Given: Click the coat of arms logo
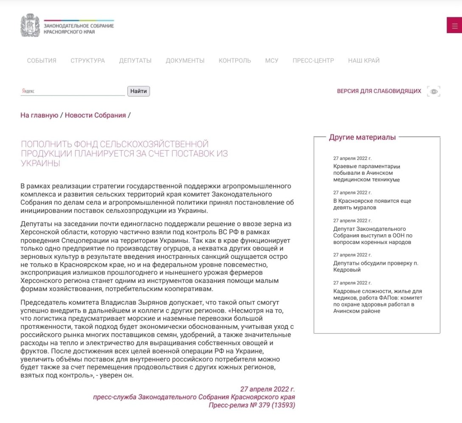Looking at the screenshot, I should (x=30, y=25).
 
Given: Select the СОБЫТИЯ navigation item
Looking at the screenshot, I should (x=42, y=61).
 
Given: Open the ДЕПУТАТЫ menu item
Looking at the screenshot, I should (x=135, y=61).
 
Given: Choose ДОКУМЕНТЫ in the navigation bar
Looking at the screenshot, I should (x=185, y=61).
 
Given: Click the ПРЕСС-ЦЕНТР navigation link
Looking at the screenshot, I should (x=313, y=61).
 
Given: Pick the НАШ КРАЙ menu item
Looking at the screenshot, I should (x=364, y=61).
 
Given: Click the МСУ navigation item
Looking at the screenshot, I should (x=272, y=61).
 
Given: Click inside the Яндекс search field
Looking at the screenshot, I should (x=73, y=91).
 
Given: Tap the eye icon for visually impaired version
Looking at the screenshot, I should (x=434, y=91).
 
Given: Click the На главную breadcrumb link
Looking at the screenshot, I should (x=39, y=115).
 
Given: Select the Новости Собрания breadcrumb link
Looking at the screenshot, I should (x=96, y=115).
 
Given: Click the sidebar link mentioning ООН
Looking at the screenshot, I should (x=373, y=235).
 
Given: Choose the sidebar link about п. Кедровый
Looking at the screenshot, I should (x=376, y=266).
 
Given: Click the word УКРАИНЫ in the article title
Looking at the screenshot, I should (x=41, y=163).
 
